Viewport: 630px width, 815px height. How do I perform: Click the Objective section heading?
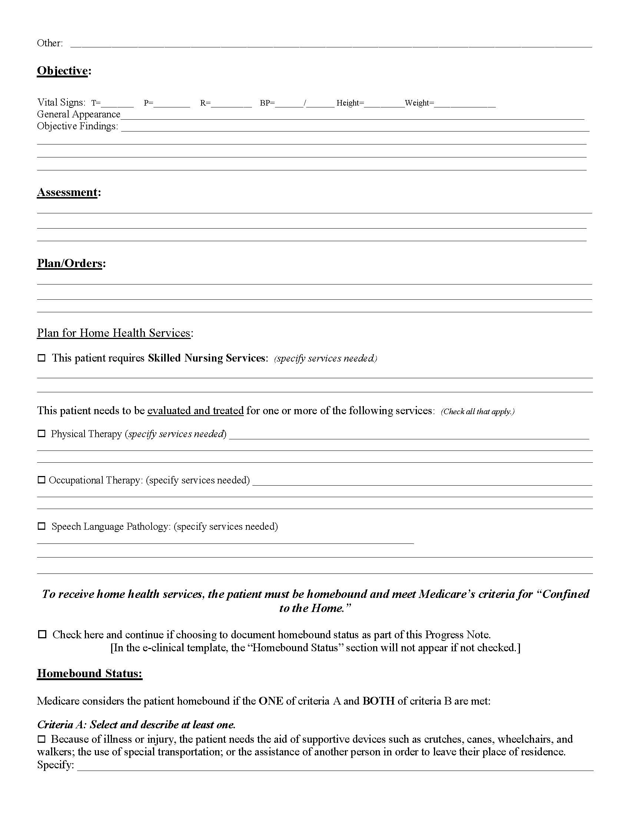pos(62,70)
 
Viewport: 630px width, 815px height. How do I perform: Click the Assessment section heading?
pos(67,192)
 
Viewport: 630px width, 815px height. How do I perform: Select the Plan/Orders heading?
pos(69,263)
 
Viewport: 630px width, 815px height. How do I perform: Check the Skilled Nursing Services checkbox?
pos(42,358)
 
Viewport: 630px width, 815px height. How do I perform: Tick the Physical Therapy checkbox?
pos(42,434)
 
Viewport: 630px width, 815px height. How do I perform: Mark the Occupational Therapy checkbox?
pos(42,480)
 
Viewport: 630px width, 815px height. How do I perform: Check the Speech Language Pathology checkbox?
pos(42,526)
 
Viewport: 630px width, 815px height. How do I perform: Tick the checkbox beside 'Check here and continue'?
pos(42,634)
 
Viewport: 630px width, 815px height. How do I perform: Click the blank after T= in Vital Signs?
pos(117,104)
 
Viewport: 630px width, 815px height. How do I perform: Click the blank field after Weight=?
pos(465,104)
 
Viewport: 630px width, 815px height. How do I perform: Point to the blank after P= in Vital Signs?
pos(172,104)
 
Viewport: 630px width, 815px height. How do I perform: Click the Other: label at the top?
pos(50,43)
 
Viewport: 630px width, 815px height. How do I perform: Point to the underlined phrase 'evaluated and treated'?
pos(195,411)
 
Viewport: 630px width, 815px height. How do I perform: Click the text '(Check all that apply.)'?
pos(477,412)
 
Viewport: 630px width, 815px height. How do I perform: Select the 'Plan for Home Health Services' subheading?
pos(114,333)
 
